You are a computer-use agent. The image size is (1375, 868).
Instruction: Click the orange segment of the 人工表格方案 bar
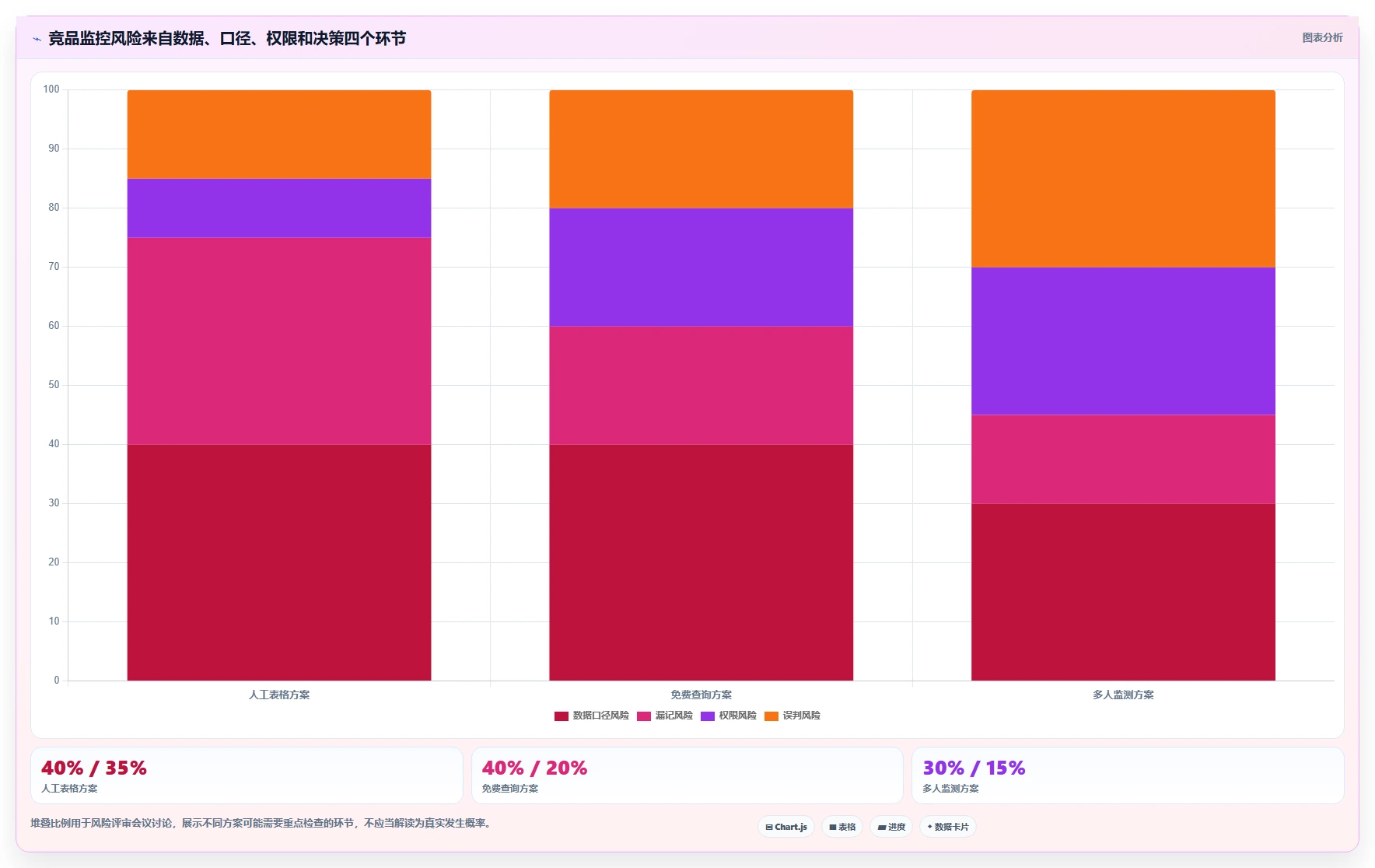pyautogui.click(x=279, y=134)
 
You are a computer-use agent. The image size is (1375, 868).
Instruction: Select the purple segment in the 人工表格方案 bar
pyautogui.click(x=279, y=208)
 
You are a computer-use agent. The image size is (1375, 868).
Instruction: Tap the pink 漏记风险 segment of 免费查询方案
pyautogui.click(x=701, y=385)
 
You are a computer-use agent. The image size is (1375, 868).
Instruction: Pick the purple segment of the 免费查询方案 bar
pyautogui.click(x=701, y=267)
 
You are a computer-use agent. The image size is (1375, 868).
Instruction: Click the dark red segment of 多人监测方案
pyautogui.click(x=1123, y=592)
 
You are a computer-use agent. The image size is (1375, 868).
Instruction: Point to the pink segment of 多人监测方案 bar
pyautogui.click(x=1123, y=459)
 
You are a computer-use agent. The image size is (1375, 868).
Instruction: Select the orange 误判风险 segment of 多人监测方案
pyautogui.click(x=1123, y=179)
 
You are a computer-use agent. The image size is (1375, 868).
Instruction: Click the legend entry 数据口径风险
pyautogui.click(x=592, y=716)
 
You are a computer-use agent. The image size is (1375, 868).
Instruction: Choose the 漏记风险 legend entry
pyautogui.click(x=665, y=716)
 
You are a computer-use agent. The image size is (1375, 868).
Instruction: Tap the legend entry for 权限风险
pyautogui.click(x=729, y=716)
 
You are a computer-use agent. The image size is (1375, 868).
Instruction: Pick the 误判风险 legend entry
pyautogui.click(x=792, y=716)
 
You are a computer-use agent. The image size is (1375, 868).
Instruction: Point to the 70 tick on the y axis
pyautogui.click(x=54, y=267)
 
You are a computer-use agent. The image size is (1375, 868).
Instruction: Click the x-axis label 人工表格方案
pyautogui.click(x=279, y=695)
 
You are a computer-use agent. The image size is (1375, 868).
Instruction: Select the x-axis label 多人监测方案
pyautogui.click(x=1123, y=695)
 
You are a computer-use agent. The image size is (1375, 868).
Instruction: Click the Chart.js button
pyautogui.click(x=786, y=827)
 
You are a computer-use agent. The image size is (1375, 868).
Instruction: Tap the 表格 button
pyautogui.click(x=842, y=827)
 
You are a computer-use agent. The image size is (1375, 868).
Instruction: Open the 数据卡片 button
pyautogui.click(x=948, y=827)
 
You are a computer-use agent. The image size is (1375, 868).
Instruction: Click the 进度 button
pyautogui.click(x=891, y=827)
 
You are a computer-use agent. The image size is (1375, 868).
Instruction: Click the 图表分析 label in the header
pyautogui.click(x=1322, y=37)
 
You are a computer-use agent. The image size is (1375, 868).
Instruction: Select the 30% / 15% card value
pyautogui.click(x=974, y=768)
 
